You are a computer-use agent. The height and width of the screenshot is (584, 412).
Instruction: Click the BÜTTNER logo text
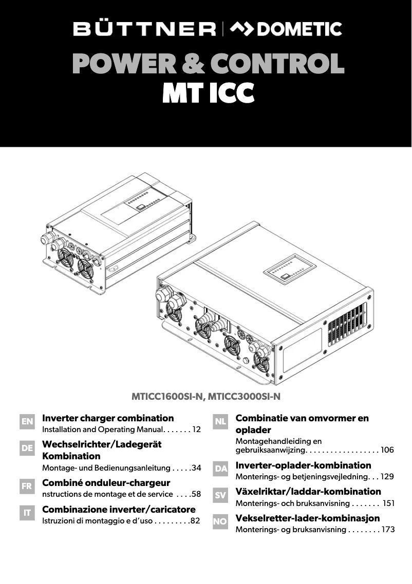[x=144, y=29]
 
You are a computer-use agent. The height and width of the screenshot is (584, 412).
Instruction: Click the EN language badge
[x=27, y=422]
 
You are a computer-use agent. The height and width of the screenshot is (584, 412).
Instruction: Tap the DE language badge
[x=27, y=448]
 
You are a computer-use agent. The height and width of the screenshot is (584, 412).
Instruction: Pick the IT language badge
[x=27, y=512]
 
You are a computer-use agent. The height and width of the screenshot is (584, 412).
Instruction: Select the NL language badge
[x=220, y=422]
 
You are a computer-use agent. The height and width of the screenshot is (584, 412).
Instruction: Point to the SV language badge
[x=220, y=495]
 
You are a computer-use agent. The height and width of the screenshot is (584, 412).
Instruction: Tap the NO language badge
[x=220, y=521]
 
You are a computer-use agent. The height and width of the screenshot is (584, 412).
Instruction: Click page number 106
[x=387, y=450]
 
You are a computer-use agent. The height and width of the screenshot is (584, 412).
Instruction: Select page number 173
[x=388, y=529]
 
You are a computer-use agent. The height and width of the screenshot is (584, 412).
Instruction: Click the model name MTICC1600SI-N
[x=168, y=396]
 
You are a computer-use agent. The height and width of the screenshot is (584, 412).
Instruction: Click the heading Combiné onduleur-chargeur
[x=106, y=483]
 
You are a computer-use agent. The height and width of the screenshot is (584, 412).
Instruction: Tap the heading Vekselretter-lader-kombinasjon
[x=307, y=518]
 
